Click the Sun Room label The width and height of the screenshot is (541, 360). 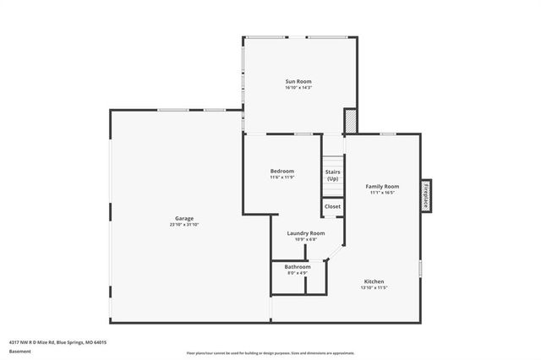click(298, 81)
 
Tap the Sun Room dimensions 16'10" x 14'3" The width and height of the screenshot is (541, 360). click(298, 88)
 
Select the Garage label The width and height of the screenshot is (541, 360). click(184, 218)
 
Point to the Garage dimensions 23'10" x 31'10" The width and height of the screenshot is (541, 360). click(184, 225)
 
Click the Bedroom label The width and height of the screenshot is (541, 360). click(281, 171)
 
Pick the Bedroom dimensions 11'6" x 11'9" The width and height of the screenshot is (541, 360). click(281, 177)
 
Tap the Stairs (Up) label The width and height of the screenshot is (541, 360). click(333, 175)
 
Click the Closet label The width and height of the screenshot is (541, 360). click(333, 206)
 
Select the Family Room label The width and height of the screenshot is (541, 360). click(382, 186)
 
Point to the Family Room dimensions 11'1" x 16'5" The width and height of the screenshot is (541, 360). click(382, 193)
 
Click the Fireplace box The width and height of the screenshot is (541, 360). click(427, 196)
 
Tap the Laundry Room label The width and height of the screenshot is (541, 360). click(305, 232)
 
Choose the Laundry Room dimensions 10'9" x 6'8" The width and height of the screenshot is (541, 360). click(305, 239)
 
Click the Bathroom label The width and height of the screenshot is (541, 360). click(298, 266)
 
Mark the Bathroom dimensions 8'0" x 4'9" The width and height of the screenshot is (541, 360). click(298, 273)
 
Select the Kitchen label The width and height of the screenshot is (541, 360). click(374, 281)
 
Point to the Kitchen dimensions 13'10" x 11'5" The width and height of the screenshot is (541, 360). click(374, 287)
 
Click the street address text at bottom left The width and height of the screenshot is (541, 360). click(57, 342)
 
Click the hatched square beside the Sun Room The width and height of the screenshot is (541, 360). click(350, 122)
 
